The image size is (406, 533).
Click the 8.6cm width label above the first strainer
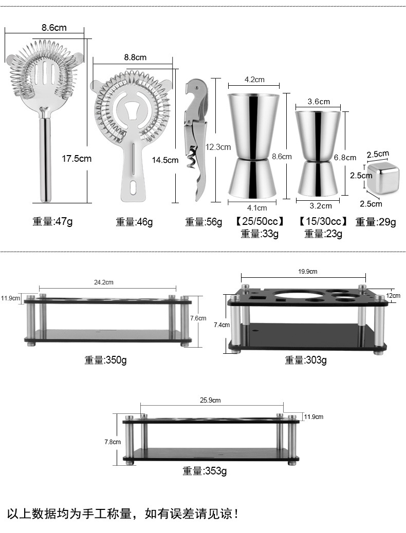pyautogui.click(x=54, y=28)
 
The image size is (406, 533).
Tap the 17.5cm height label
pyautogui.click(x=77, y=159)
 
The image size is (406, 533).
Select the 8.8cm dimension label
pyautogui.click(x=135, y=58)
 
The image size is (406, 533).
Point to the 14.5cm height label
pyautogui.click(x=165, y=160)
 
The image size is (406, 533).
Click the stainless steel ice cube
pyautogui.click(x=382, y=178)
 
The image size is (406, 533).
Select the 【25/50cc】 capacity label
pyautogui.click(x=260, y=222)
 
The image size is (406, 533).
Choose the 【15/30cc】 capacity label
pyautogui.click(x=323, y=222)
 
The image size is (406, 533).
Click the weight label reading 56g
pyautogui.click(x=204, y=222)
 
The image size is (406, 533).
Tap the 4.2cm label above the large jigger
pyautogui.click(x=254, y=80)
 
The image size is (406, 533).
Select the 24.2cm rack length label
pyautogui.click(x=103, y=282)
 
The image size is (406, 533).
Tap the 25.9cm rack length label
pyautogui.click(x=210, y=400)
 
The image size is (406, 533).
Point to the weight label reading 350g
pyautogui.click(x=105, y=360)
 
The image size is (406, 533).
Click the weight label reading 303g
pyautogui.click(x=306, y=360)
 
